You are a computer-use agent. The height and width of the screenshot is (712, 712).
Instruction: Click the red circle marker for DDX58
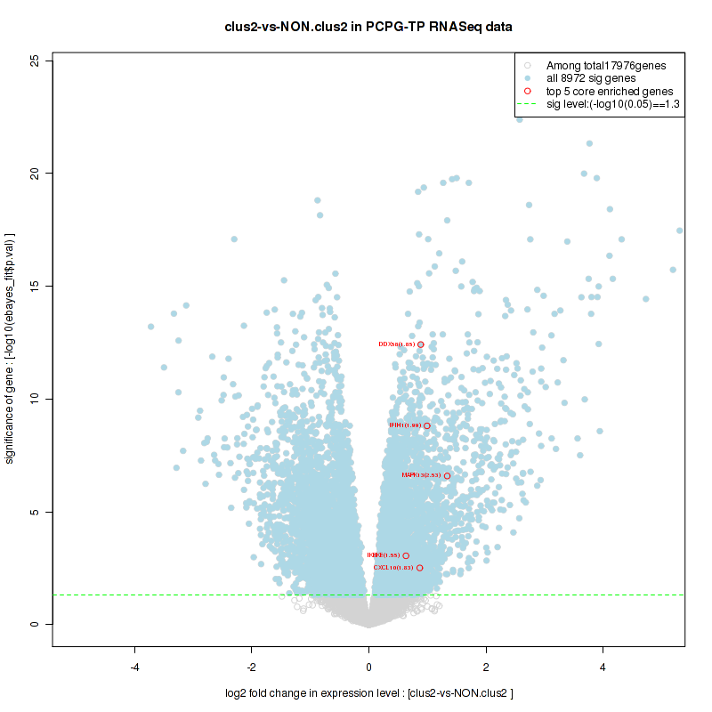pyautogui.click(x=421, y=344)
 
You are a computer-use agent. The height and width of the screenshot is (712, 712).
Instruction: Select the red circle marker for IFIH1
pyautogui.click(x=427, y=425)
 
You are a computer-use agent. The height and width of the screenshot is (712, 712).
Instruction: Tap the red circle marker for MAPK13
pyautogui.click(x=448, y=475)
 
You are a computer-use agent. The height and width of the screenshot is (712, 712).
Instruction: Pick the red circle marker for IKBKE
pyautogui.click(x=406, y=555)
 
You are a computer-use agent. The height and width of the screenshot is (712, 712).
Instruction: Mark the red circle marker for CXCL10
pyautogui.click(x=419, y=568)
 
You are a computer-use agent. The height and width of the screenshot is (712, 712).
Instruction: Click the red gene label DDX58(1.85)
pyautogui.click(x=396, y=344)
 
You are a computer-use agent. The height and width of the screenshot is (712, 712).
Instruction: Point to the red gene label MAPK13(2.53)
pyautogui.click(x=421, y=475)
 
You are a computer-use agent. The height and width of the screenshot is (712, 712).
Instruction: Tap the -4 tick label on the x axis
pyautogui.click(x=134, y=667)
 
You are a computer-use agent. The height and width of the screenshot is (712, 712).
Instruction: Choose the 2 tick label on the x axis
pyautogui.click(x=486, y=667)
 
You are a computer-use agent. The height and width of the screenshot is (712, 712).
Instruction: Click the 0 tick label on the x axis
pyautogui.click(x=368, y=667)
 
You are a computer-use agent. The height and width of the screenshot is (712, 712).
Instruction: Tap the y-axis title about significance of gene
pyautogui.click(x=12, y=348)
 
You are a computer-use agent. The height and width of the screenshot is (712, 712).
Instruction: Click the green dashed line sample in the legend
pyautogui.click(x=528, y=104)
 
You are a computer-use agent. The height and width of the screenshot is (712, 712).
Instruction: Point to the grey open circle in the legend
pyautogui.click(x=528, y=65)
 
